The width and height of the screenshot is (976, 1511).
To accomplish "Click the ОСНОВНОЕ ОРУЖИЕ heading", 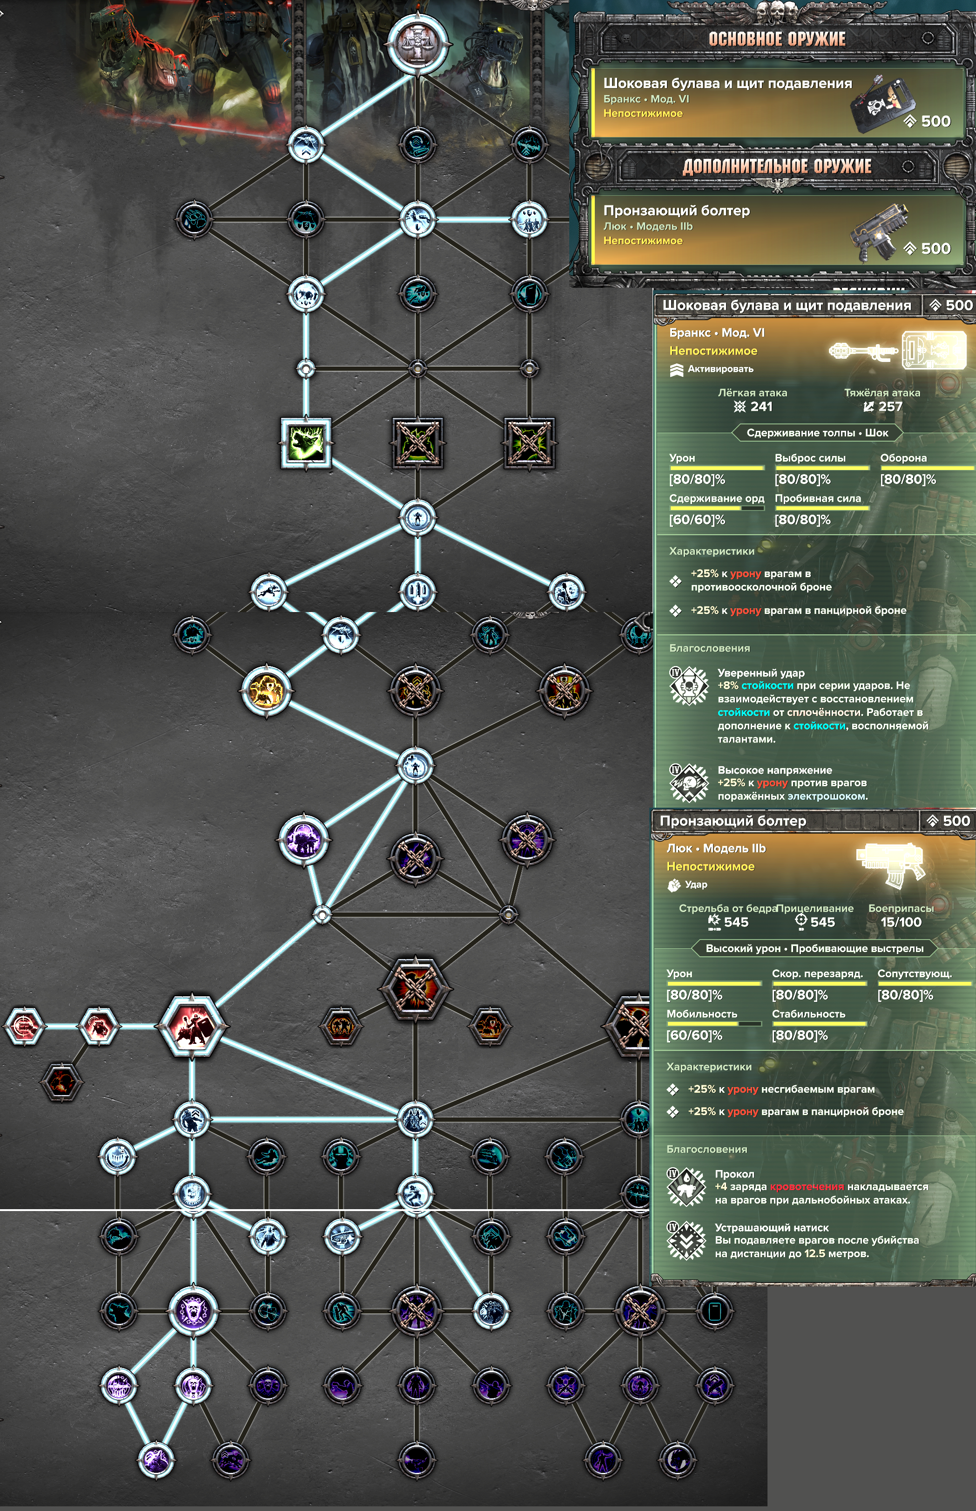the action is [x=776, y=39].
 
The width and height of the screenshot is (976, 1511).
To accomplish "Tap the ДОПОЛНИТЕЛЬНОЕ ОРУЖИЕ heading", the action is [x=776, y=166].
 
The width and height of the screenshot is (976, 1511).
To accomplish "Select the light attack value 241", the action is [x=761, y=407].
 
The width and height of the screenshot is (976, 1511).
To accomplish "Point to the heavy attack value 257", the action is [x=890, y=407].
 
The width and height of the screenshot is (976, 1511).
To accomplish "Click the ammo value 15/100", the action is [x=901, y=922].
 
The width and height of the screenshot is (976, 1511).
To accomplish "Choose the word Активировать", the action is [x=720, y=369].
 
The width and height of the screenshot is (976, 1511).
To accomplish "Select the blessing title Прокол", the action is [x=734, y=1174].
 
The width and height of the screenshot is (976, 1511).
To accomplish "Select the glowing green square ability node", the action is [x=305, y=442].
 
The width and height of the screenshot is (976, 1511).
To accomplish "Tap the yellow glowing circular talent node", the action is [x=266, y=690].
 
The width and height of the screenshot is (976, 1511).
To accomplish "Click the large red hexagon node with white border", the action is [x=191, y=1025].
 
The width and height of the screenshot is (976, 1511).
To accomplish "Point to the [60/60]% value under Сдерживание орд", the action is [x=697, y=520].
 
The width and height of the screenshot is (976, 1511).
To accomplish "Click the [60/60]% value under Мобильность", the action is [x=694, y=1035].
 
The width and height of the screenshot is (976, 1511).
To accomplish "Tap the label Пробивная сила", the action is [x=818, y=498].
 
